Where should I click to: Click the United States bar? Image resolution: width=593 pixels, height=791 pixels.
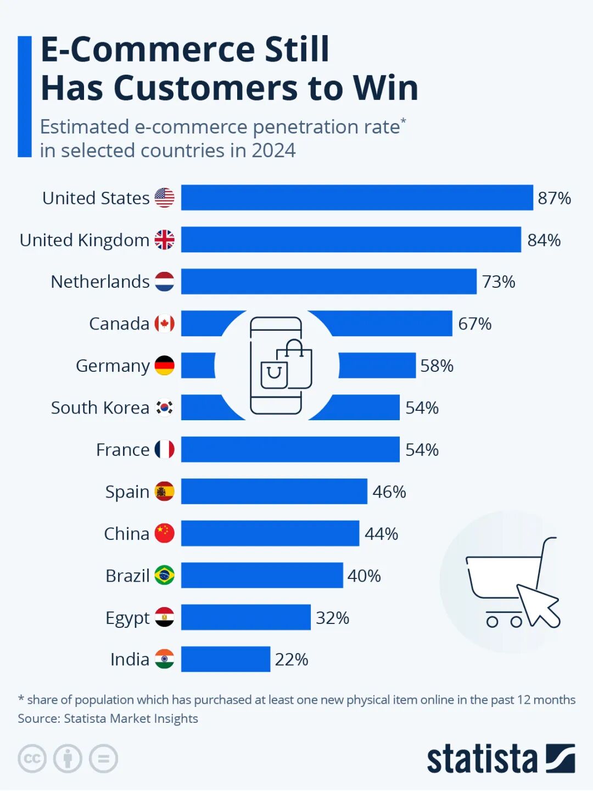click(x=357, y=198)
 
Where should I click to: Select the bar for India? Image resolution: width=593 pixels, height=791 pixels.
click(x=226, y=659)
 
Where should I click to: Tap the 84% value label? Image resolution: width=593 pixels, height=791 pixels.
click(x=544, y=240)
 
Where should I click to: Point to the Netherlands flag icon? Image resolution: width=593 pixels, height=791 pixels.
click(x=164, y=282)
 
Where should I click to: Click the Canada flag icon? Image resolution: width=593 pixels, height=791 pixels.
click(x=164, y=324)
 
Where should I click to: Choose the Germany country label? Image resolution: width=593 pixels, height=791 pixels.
click(x=113, y=366)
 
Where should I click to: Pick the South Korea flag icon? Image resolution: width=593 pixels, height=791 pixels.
click(x=164, y=408)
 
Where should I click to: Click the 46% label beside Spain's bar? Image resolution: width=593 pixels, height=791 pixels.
click(x=389, y=492)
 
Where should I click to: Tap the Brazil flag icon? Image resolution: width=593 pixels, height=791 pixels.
click(x=164, y=575)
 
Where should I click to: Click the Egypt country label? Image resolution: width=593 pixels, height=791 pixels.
click(x=127, y=618)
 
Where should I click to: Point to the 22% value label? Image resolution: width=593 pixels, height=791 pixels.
click(x=291, y=659)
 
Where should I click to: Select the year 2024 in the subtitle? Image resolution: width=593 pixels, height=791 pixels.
click(x=273, y=151)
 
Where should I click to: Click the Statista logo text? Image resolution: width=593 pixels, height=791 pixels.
click(x=482, y=759)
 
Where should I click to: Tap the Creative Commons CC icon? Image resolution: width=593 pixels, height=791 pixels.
click(x=32, y=759)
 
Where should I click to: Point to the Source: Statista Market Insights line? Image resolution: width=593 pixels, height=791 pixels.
click(x=108, y=718)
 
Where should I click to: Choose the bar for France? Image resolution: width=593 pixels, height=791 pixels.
click(x=290, y=449)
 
